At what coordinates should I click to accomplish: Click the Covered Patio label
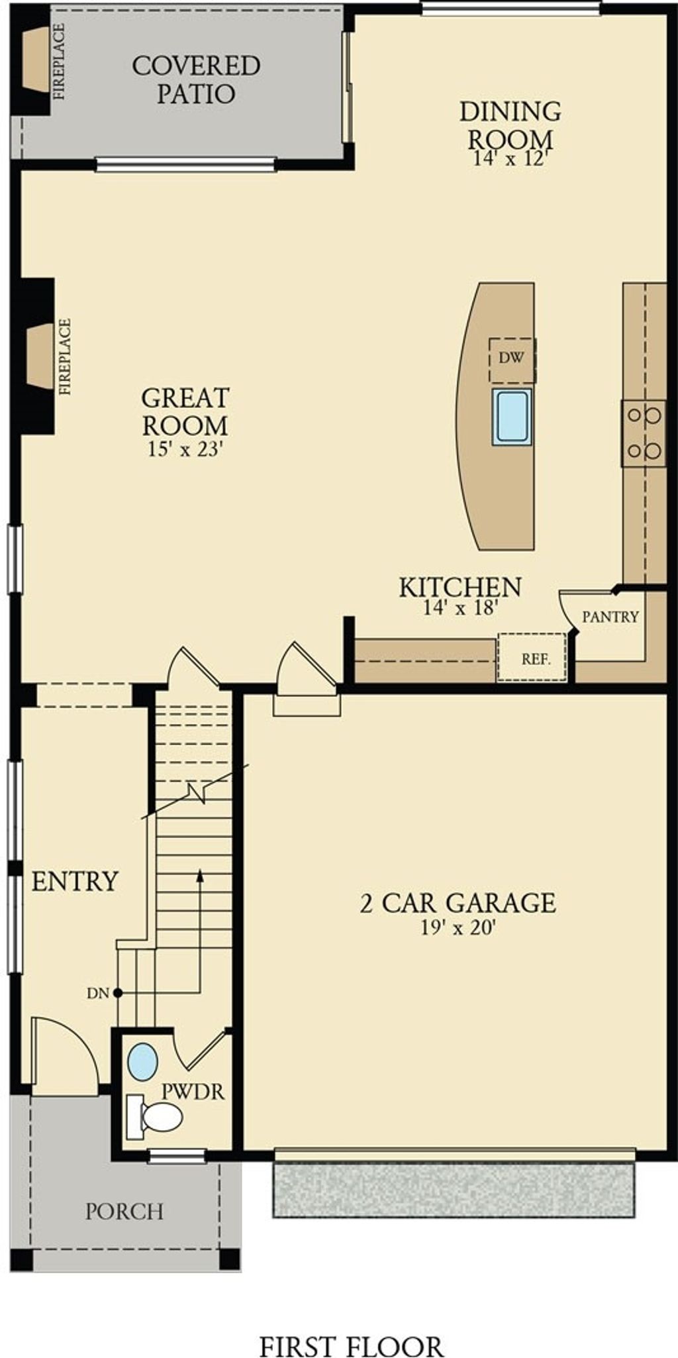[x=196, y=79]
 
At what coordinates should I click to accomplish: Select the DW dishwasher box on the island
[x=512, y=359]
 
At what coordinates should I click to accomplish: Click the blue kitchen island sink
[x=511, y=417]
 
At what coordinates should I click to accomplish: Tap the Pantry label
[x=610, y=617]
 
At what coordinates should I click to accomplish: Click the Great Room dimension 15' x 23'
[x=184, y=449]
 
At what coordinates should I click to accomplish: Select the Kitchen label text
[x=460, y=587]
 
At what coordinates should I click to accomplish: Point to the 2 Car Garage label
[x=458, y=903]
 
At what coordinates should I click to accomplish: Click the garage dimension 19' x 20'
[x=458, y=928]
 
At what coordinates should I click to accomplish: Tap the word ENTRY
[x=75, y=882]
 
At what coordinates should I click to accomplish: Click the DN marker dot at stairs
[x=117, y=992]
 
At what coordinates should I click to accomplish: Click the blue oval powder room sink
[x=142, y=1061]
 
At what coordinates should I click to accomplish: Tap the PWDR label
[x=193, y=1092]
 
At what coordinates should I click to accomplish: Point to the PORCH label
[x=124, y=1212]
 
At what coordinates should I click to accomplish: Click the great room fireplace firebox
[x=40, y=356]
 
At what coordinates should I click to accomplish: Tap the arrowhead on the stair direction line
[x=199, y=876]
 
